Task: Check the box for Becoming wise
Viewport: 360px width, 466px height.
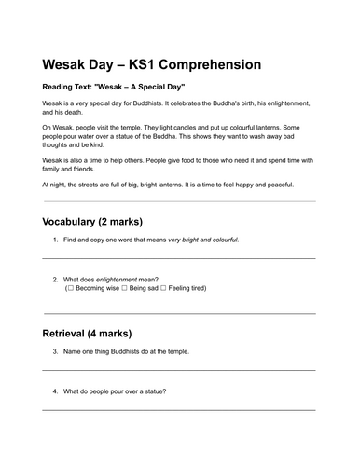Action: (x=70, y=289)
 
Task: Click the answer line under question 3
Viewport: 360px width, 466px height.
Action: (x=179, y=371)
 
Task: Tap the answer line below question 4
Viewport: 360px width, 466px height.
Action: (x=179, y=409)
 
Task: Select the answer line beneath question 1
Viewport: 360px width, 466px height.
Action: (x=179, y=257)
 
